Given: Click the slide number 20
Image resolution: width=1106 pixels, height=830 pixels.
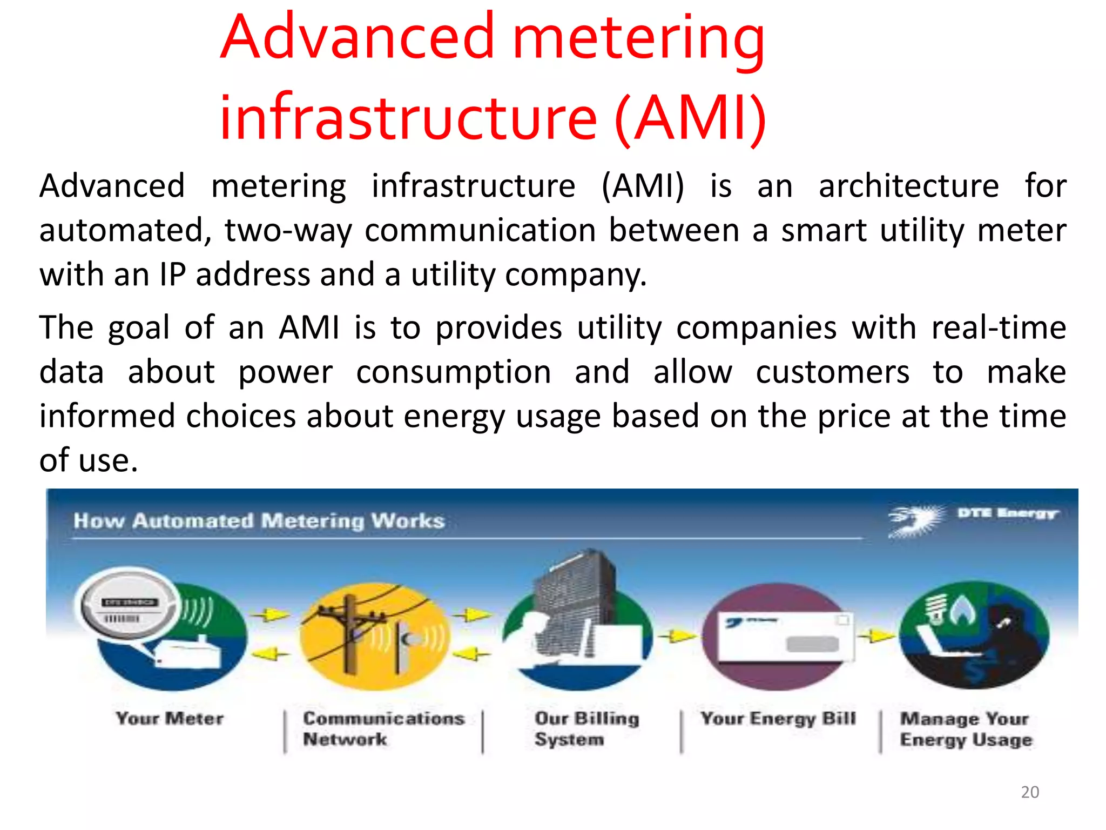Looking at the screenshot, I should click(x=1030, y=792).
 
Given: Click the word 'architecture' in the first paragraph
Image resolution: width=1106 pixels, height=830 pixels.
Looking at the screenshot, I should click(x=908, y=186).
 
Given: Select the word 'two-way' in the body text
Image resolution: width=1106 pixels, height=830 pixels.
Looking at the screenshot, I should click(x=288, y=231).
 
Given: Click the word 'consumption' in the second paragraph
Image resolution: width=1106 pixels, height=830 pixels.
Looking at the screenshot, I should click(x=454, y=372).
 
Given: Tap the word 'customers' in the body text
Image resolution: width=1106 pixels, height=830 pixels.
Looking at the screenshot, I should click(x=832, y=372).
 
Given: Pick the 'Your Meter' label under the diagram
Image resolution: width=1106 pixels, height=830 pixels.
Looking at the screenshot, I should click(x=170, y=719).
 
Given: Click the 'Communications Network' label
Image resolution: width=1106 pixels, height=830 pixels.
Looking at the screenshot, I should click(x=383, y=728).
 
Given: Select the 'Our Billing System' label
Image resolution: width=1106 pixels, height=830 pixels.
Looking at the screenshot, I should click(x=586, y=728).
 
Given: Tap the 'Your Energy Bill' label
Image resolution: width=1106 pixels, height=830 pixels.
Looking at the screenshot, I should click(x=778, y=719).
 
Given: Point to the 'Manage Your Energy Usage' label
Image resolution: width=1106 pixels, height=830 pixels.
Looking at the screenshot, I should click(x=966, y=729).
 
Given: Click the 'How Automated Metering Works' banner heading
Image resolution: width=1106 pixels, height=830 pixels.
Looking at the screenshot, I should click(x=259, y=521).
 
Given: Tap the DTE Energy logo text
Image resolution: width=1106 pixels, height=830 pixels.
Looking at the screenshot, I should click(x=1007, y=513).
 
